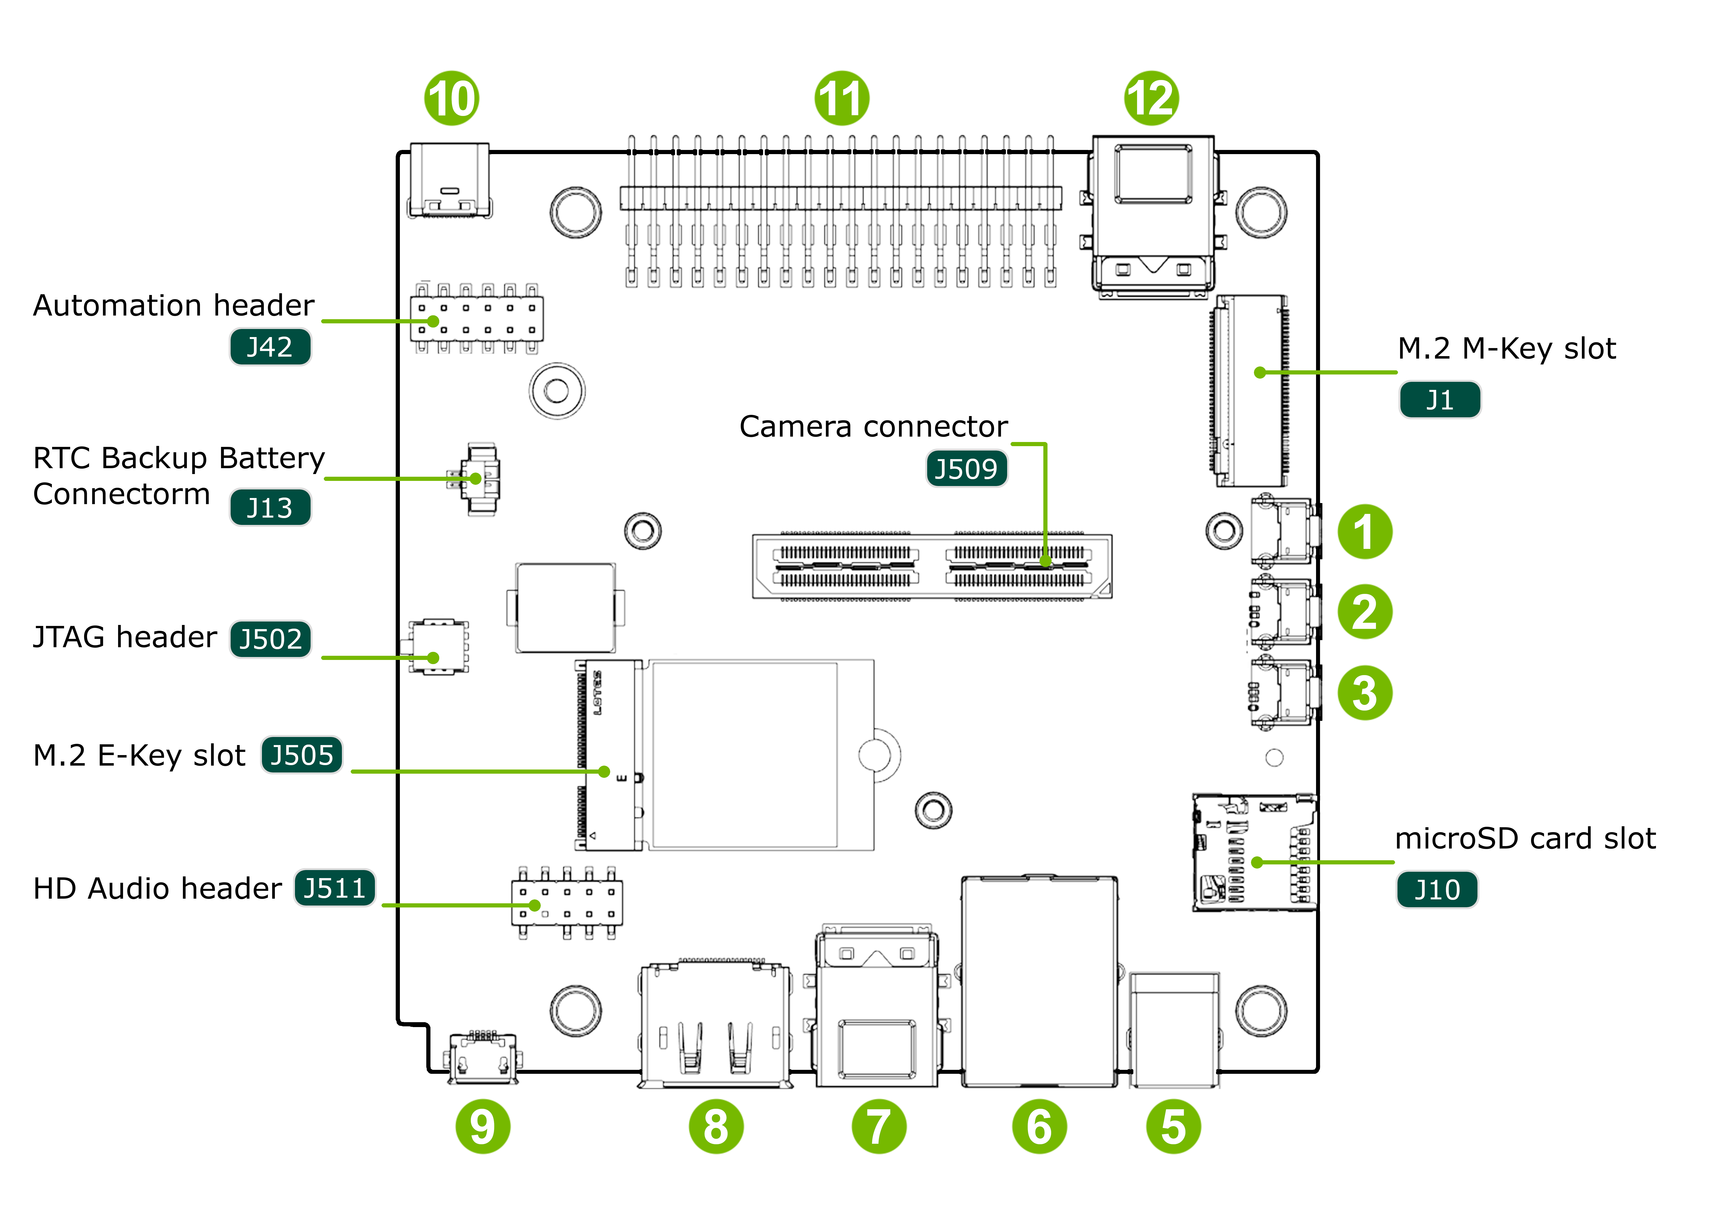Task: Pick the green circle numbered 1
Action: [1365, 532]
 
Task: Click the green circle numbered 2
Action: [1365, 611]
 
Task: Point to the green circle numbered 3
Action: [1365, 693]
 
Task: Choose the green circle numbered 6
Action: [1039, 1127]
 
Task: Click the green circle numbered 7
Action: [879, 1127]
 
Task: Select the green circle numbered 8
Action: [716, 1127]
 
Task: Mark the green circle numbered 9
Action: [483, 1127]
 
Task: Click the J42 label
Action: [270, 347]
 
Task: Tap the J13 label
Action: [270, 508]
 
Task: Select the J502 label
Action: [270, 639]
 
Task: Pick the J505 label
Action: [302, 755]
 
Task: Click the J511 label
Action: [334, 888]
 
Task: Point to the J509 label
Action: [967, 468]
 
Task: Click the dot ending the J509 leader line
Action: [1045, 561]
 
